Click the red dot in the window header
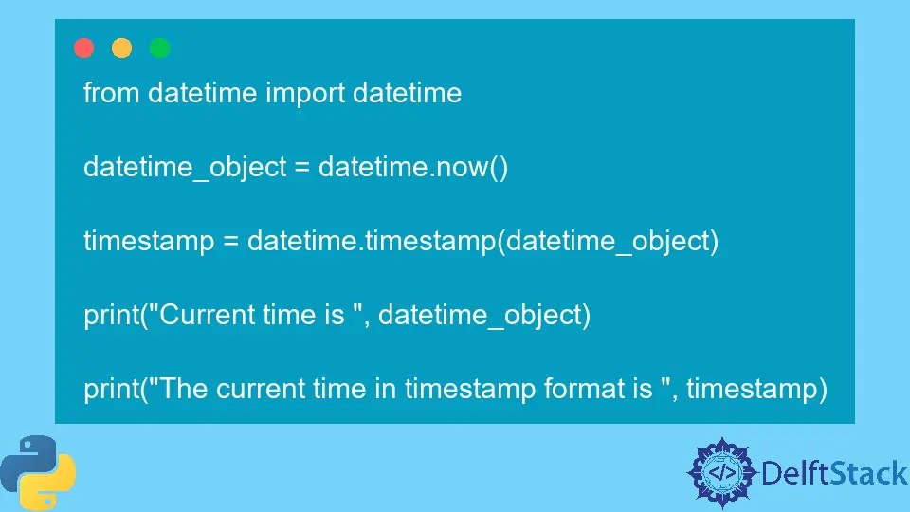pos(84,48)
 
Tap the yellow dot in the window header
pos(122,48)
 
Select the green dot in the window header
pos(160,48)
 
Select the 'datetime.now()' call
pos(413,168)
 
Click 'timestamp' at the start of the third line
pos(149,242)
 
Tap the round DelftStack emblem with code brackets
pos(722,471)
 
